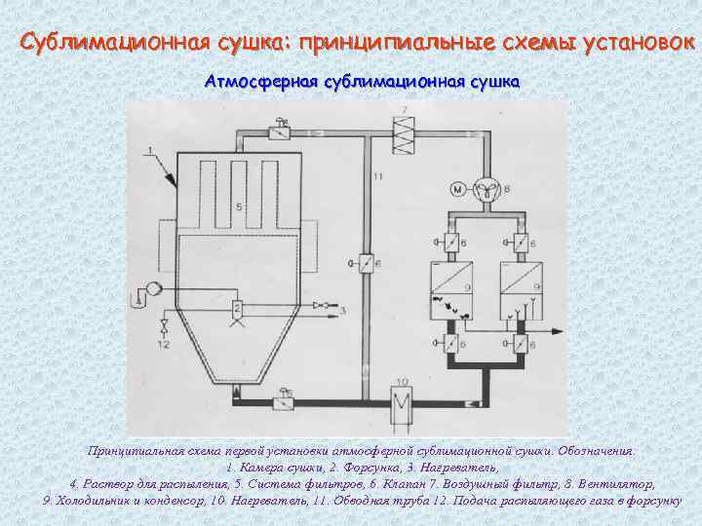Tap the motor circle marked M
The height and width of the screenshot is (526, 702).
454,188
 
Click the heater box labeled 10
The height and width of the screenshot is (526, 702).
400,399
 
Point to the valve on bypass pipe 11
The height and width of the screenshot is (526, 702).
366,262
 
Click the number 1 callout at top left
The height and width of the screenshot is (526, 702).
151,149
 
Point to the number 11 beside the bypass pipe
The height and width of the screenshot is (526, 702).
377,176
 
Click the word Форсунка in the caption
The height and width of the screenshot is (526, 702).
331,469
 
